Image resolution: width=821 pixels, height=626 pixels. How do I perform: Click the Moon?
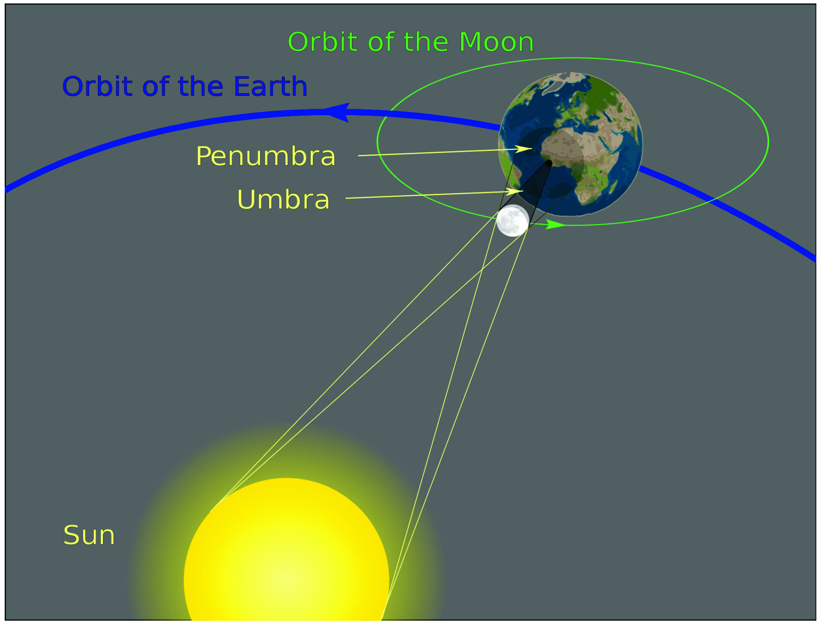[513, 220]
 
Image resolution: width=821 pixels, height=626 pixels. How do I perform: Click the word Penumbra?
[266, 156]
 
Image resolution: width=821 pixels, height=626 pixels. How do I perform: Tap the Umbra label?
[284, 199]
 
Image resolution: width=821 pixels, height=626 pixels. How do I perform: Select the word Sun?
[89, 535]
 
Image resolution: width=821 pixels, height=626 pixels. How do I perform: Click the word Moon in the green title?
[496, 42]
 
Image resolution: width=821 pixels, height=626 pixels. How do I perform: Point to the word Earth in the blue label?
[270, 86]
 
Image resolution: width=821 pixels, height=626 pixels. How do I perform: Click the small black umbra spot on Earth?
[549, 163]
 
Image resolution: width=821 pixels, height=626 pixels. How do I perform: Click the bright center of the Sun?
[286, 580]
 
